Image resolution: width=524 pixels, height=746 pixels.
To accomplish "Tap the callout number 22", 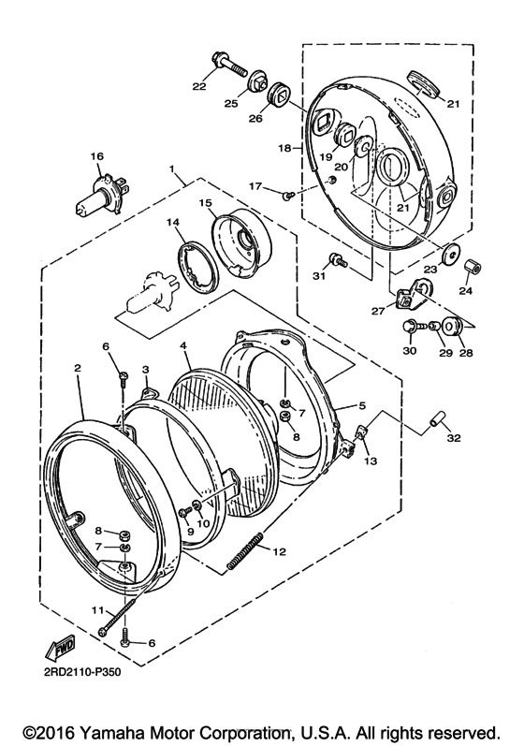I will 198,87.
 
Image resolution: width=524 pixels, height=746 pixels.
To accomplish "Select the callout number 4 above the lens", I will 184,345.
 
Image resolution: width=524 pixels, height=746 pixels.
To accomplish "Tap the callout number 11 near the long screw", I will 97,610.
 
